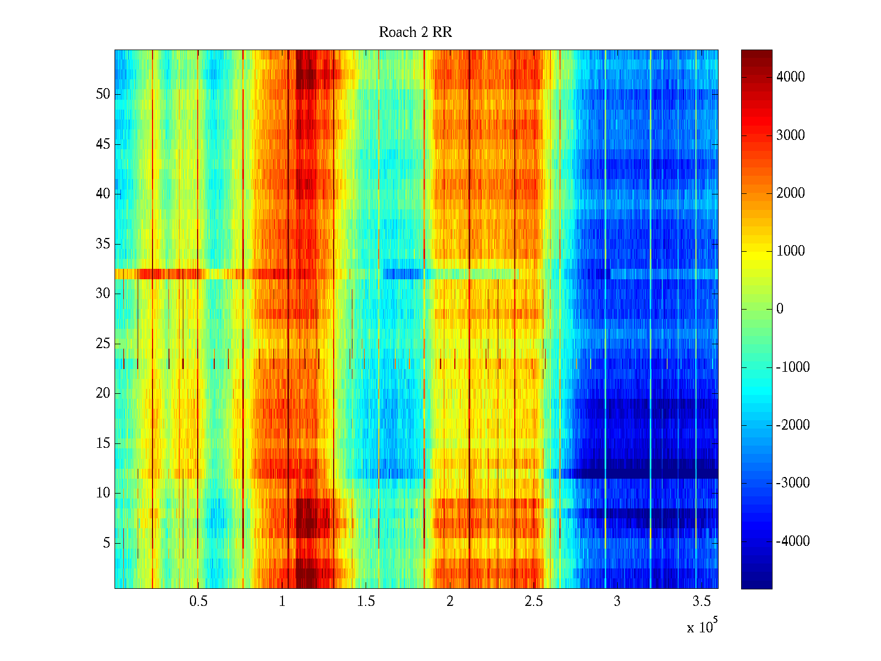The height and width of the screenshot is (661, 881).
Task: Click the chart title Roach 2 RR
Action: (x=415, y=32)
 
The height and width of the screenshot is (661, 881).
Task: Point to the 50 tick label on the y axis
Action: (x=103, y=94)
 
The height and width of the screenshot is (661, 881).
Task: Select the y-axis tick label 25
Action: (x=103, y=344)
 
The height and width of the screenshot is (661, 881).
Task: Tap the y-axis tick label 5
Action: (x=106, y=543)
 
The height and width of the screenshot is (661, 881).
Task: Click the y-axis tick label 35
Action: (x=103, y=244)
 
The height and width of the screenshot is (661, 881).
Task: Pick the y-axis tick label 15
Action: (x=103, y=443)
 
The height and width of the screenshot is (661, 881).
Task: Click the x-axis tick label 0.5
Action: (x=198, y=602)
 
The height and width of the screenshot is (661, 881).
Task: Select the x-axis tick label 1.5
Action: (x=366, y=602)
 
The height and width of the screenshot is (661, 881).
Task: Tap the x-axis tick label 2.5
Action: (x=534, y=602)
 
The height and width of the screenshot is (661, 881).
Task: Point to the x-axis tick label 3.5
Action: (x=701, y=602)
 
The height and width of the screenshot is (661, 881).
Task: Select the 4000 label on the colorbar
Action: (x=791, y=77)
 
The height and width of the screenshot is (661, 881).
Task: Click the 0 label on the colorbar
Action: (x=780, y=309)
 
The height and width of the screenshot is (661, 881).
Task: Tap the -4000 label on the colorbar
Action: (x=793, y=541)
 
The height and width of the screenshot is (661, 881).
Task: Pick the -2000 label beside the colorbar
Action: (x=793, y=425)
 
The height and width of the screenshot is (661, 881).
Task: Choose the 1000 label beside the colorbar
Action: (x=791, y=251)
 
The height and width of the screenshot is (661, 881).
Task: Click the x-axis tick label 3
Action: (x=617, y=602)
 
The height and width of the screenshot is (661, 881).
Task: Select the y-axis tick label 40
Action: (x=103, y=194)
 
